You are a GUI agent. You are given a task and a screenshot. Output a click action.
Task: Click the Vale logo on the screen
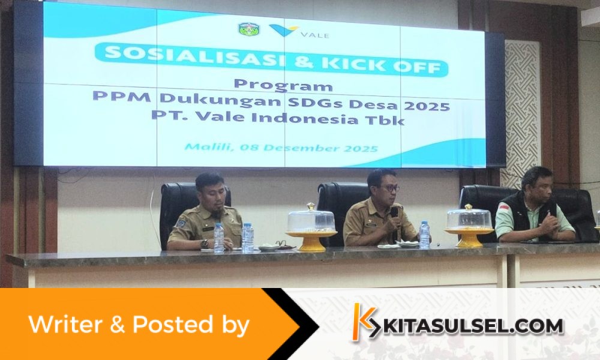299,31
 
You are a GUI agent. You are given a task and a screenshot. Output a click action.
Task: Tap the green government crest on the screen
248,29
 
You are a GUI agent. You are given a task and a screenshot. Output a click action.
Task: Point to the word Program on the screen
283,85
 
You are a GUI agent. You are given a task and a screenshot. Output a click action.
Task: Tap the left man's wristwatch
205,244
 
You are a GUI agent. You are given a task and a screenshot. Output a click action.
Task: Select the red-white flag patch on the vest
505,208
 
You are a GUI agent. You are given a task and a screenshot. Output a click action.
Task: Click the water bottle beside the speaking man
424,235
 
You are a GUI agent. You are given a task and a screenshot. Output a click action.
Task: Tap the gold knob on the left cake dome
311,206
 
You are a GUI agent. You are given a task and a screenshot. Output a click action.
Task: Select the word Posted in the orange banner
173,324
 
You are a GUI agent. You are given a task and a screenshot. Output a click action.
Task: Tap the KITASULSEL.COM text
472,326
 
